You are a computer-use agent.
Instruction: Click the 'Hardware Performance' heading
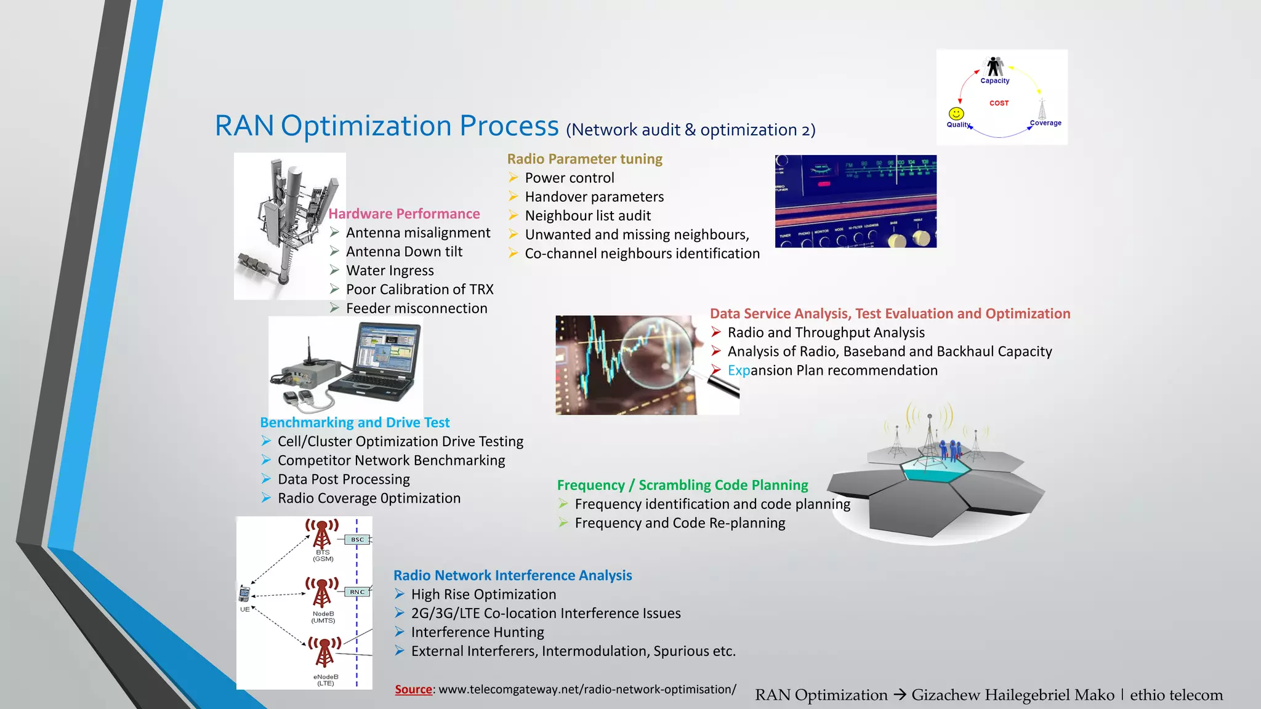[x=404, y=214]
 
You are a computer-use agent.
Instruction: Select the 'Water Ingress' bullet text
[x=390, y=271]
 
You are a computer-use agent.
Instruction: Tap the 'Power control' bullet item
[x=570, y=178]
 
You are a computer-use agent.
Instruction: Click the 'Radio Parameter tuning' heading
[x=584, y=159]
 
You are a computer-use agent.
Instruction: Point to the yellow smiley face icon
[x=956, y=114]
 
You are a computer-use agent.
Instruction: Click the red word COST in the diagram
[x=999, y=103]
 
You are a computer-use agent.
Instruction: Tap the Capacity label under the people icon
[x=995, y=81]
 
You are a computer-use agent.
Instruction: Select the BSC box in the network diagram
[x=357, y=540]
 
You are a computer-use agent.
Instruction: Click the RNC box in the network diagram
[x=357, y=592]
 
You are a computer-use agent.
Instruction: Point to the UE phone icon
[x=244, y=593]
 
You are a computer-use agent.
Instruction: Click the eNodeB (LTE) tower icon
[x=324, y=652]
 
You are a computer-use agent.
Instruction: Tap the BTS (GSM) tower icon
[x=322, y=533]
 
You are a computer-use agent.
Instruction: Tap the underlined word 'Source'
[x=413, y=689]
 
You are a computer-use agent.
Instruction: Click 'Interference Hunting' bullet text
[x=477, y=632]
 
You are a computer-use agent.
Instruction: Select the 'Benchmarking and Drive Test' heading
[x=355, y=423]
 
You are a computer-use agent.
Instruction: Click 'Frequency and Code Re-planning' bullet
[x=680, y=523]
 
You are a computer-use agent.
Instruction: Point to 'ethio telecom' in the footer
[x=1176, y=695]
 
